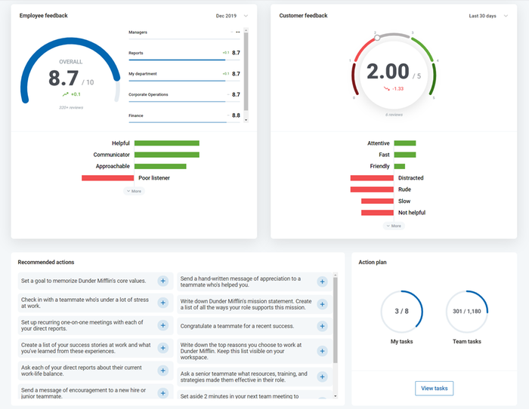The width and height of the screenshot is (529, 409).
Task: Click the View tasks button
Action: point(434,388)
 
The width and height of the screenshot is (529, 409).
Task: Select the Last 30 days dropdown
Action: point(488,15)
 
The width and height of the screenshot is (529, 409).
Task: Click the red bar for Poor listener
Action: point(107,178)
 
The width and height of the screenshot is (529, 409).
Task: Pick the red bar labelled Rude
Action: point(372,189)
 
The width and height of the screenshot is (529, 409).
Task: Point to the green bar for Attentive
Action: point(404,143)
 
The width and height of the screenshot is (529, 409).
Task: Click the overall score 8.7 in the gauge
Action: point(64,78)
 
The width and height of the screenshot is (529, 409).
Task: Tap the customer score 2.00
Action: point(388,72)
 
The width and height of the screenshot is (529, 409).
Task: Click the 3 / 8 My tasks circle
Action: point(402,311)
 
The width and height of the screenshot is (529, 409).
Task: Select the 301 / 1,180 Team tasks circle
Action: point(466,311)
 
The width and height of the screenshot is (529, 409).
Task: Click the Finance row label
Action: point(136,115)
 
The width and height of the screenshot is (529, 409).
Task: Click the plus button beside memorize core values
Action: point(162,281)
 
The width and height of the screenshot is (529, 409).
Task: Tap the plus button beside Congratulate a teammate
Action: point(322,327)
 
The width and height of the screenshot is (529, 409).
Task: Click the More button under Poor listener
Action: point(134,191)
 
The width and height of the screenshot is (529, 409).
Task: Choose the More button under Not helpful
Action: point(394,226)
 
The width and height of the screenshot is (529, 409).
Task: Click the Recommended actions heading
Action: point(46,262)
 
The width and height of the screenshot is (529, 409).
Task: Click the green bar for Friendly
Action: point(399,166)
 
